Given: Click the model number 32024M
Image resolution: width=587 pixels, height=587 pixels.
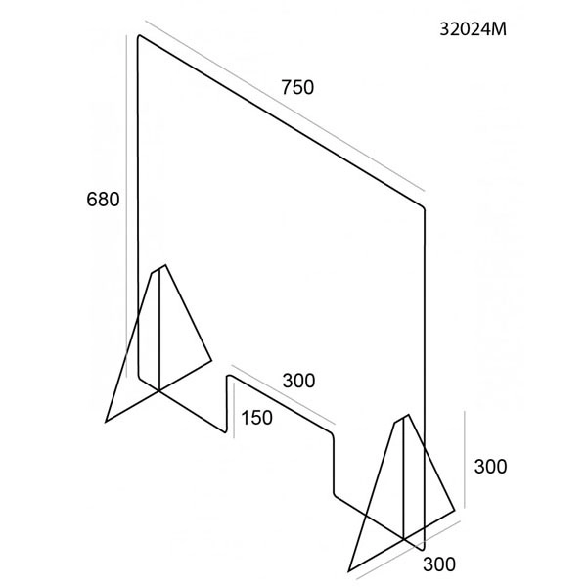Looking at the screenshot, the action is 474,28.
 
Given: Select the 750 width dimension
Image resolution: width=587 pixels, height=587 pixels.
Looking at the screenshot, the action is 297,87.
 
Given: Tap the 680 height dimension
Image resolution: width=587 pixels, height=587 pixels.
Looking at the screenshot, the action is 103,200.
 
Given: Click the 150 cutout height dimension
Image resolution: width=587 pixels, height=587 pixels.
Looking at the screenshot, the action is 256,418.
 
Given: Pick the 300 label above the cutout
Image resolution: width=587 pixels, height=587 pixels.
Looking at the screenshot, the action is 298,382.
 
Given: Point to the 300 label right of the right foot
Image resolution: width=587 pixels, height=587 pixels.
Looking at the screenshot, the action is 490,467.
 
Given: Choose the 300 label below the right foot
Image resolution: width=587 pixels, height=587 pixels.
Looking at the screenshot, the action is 439,564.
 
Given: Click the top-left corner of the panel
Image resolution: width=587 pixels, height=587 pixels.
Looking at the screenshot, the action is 139,36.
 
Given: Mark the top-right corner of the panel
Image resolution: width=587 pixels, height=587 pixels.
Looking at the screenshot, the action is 425,207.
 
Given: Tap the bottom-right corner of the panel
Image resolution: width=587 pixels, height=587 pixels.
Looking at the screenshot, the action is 424,550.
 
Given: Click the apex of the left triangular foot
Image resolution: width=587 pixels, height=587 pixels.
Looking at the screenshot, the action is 165,265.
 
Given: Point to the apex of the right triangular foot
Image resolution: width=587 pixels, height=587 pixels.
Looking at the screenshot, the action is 408,415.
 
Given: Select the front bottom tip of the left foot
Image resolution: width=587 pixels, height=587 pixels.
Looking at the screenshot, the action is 106,422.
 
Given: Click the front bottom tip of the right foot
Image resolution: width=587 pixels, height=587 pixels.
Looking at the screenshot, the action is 349,571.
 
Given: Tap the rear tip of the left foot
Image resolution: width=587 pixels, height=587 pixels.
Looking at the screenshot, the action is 211,361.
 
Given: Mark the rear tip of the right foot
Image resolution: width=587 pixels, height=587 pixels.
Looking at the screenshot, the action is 455,511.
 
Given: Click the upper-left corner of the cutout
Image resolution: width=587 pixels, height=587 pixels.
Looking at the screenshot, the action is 228,375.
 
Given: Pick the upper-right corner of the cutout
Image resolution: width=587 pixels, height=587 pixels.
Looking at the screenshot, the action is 332,434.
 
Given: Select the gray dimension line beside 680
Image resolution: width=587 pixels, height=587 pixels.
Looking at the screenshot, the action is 126,206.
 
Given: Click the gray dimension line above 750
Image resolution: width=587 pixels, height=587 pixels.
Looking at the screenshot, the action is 285,106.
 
